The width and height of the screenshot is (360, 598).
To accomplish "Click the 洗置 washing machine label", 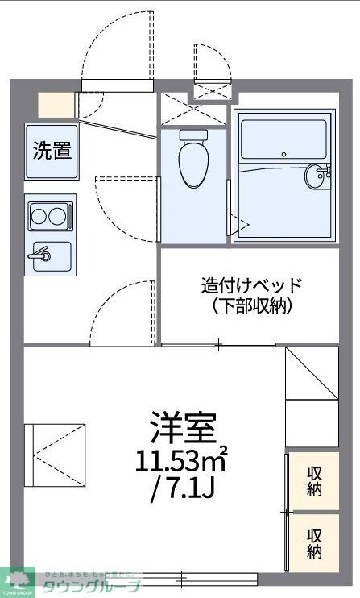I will [x=52, y=151].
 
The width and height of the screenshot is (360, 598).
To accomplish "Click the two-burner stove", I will [x=50, y=215].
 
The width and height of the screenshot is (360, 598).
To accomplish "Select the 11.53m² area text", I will [x=181, y=461].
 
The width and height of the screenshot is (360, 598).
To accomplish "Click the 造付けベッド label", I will [x=251, y=285].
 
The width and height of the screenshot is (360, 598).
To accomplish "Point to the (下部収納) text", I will [x=251, y=306].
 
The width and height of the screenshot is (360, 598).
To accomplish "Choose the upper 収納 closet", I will [x=313, y=482].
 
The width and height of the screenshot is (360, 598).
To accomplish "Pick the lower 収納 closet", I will [x=313, y=542].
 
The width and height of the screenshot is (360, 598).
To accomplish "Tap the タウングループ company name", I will [x=92, y=587].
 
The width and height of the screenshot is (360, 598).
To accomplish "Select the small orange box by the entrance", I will [x=55, y=106].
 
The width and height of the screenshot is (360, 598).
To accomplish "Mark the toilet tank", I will [x=193, y=135].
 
